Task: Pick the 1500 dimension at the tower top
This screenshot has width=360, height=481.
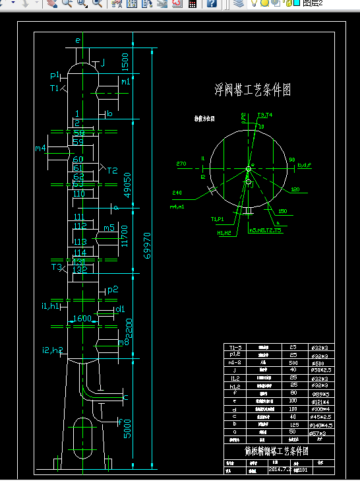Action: [x=125, y=64]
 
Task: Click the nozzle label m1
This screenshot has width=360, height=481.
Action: [x=125, y=82]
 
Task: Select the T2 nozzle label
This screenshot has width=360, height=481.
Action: [x=112, y=171]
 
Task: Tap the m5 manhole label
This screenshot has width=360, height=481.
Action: [x=109, y=228]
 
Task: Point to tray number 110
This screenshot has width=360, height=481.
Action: [x=79, y=194]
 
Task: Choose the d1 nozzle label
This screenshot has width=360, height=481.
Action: [x=120, y=309]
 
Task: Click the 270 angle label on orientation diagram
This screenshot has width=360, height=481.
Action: [x=182, y=163]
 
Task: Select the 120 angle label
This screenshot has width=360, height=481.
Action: [x=295, y=190]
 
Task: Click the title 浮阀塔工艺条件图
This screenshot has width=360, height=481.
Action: [x=253, y=90]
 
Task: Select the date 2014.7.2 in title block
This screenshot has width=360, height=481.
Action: [x=280, y=470]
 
